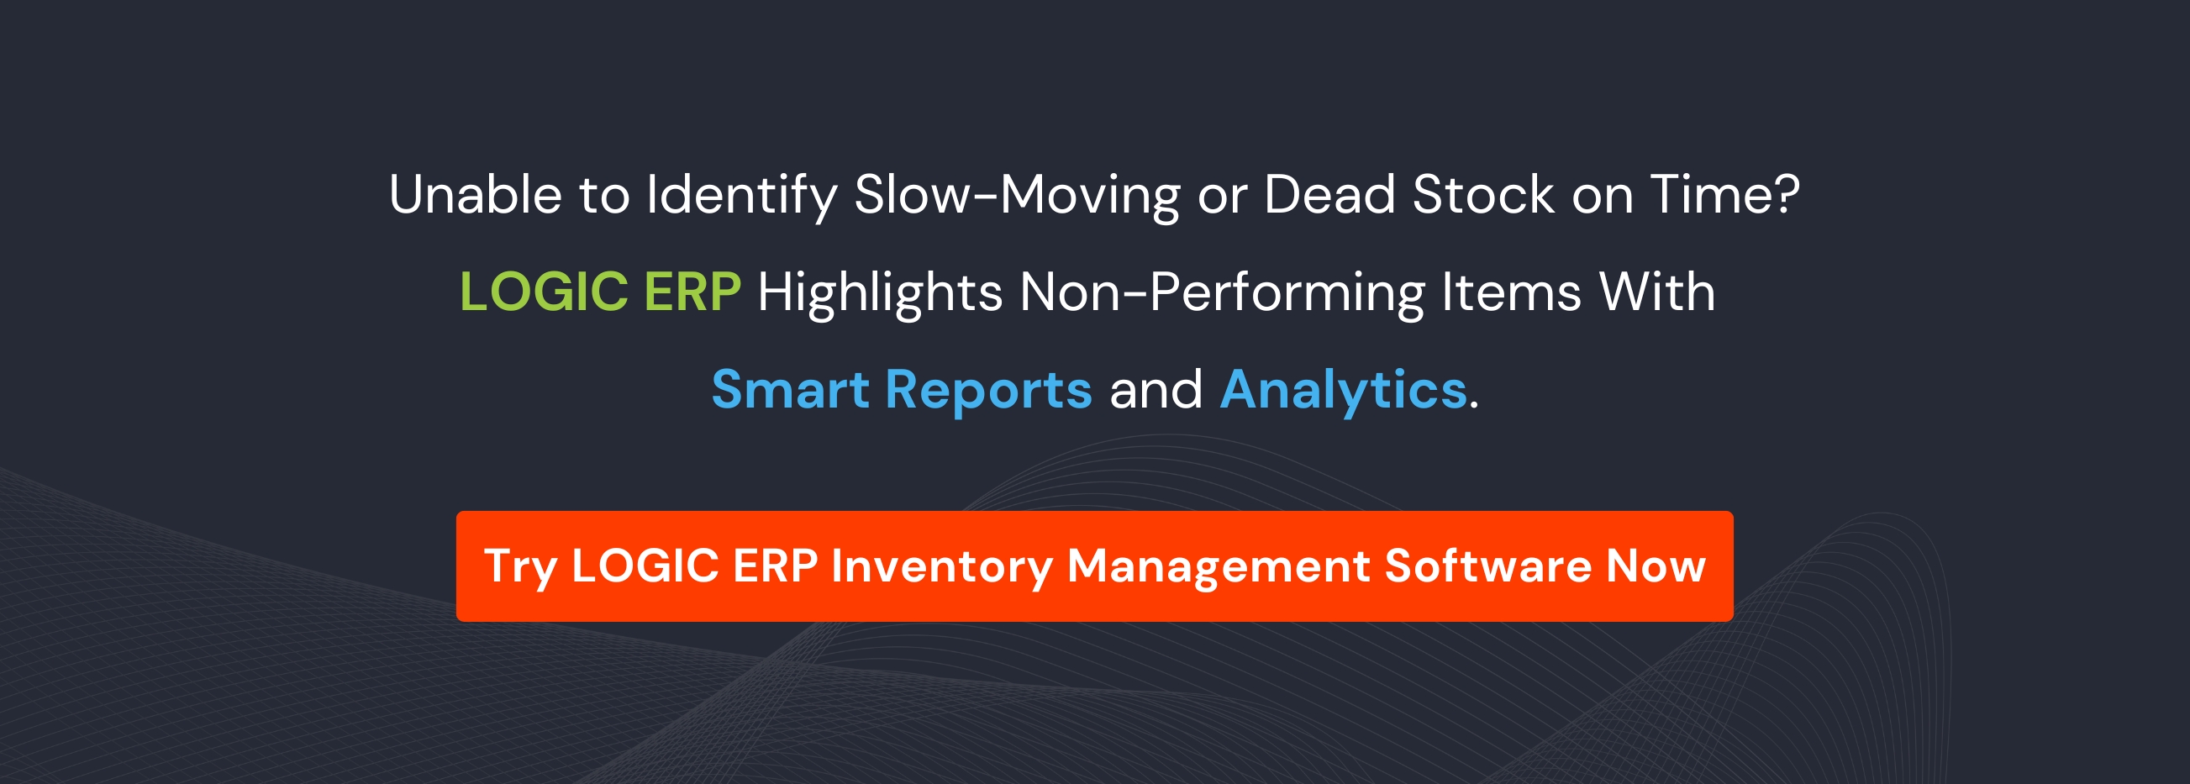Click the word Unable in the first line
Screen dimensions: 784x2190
coord(474,195)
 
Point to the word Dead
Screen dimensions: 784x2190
coord(1329,195)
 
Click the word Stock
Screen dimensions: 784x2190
coord(1482,195)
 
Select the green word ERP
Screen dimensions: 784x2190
coord(692,292)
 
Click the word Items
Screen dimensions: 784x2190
coord(1512,292)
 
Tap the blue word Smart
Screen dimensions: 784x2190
coord(790,390)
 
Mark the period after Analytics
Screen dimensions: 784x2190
coord(1474,408)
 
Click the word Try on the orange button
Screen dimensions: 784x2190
coord(519,567)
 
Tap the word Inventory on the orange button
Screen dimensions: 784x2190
coord(942,567)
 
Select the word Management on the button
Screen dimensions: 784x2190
coord(1219,567)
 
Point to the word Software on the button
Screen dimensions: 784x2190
coord(1487,566)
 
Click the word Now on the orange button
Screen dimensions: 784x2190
coord(1656,566)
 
